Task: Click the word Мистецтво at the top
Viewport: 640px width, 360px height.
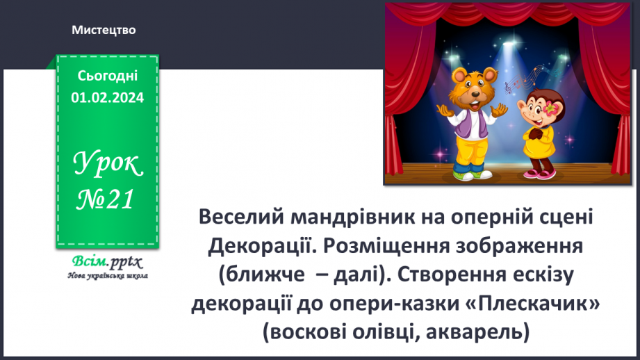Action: point(104,30)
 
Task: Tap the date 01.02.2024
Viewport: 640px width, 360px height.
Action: point(107,98)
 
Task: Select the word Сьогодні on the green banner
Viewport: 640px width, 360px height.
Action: point(107,75)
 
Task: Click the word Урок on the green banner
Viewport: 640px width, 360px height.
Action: point(107,164)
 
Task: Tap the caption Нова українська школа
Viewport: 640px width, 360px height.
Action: point(107,275)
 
